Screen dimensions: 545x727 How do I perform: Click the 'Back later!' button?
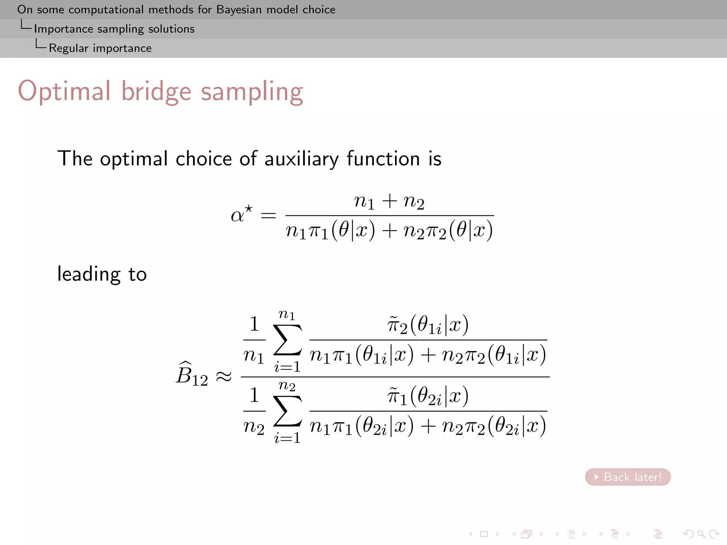pyautogui.click(x=628, y=477)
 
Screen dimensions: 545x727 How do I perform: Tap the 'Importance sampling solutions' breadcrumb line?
pyautogui.click(x=114, y=29)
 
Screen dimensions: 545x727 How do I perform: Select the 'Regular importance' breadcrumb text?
pyautogui.click(x=100, y=48)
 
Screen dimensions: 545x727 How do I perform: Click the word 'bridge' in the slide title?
pyautogui.click(x=156, y=92)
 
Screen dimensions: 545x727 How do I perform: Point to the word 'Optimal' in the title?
pyautogui.click(x=64, y=92)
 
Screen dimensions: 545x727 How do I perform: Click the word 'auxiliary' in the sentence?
pyautogui.click(x=301, y=159)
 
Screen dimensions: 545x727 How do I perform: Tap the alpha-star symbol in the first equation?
pyautogui.click(x=241, y=214)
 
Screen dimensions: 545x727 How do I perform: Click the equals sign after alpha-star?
pyautogui.click(x=268, y=215)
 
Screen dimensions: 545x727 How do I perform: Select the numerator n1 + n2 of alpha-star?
pyautogui.click(x=389, y=202)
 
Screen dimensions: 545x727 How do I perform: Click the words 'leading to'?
pyautogui.click(x=102, y=274)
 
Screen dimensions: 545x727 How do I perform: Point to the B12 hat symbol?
pyautogui.click(x=192, y=375)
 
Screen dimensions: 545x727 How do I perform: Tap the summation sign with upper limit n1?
pyautogui.click(x=287, y=340)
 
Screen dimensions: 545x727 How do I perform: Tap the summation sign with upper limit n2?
pyautogui.click(x=287, y=411)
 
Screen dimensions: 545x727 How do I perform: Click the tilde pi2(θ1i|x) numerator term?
pyautogui.click(x=428, y=325)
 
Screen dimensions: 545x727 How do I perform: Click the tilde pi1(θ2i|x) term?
pyautogui.click(x=428, y=396)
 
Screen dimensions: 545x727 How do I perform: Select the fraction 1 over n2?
pyautogui.click(x=254, y=411)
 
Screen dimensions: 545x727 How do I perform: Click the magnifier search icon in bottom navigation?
pyautogui.click(x=701, y=534)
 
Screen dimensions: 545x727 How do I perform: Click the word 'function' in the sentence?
pyautogui.click(x=383, y=159)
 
